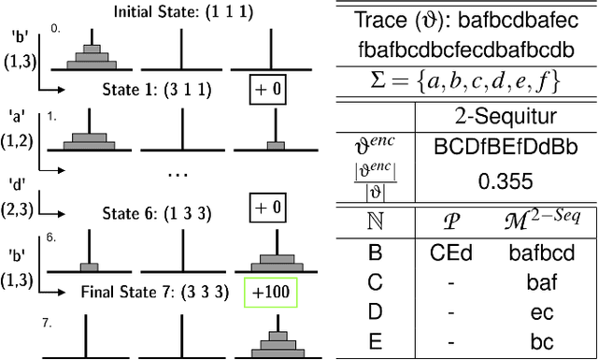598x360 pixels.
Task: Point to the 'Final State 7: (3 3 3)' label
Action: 154,292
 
